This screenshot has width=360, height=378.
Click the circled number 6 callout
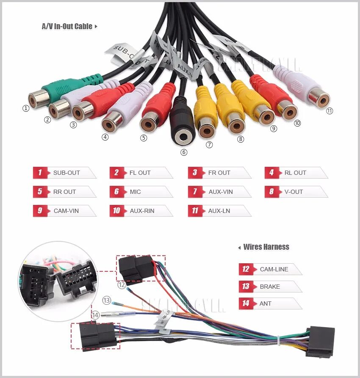pos(184,152)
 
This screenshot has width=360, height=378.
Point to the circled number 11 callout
pos(330,111)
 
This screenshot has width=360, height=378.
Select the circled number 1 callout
pos(26,108)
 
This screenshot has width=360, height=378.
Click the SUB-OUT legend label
pos(66,173)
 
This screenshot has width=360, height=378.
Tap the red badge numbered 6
pos(116,192)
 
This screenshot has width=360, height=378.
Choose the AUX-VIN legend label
pos(221,192)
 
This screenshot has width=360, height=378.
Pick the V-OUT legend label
pos(294,192)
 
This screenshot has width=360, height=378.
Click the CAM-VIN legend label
pos(66,211)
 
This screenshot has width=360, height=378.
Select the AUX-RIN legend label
pos(142,211)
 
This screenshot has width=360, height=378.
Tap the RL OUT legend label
pos(295,173)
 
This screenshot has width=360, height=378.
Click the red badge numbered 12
pos(246,269)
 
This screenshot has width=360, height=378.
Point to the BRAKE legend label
pos(270,287)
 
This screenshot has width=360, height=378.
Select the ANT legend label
pos(266,304)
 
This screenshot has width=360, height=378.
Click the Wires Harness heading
pos(266,247)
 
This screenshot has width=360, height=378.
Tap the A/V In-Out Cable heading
pos(67,26)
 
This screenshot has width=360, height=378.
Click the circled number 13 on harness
pos(106,301)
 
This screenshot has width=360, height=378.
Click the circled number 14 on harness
pos(96,315)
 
